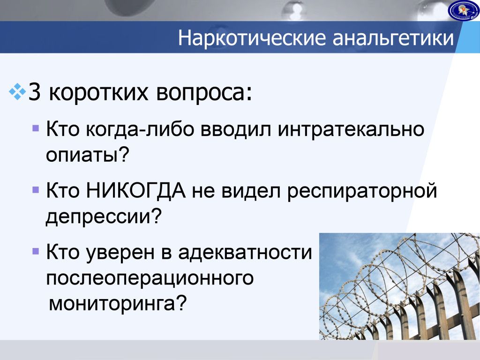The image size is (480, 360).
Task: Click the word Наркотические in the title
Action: click(x=252, y=37)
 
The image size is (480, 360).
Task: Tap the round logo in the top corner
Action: click(x=464, y=10)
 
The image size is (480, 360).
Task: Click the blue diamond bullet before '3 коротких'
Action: click(x=17, y=91)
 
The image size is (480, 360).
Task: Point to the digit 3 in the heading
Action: click(x=34, y=92)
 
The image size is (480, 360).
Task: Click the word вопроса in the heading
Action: click(x=202, y=92)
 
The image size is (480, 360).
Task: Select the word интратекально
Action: click(x=351, y=129)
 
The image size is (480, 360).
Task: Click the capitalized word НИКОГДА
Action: click(x=136, y=190)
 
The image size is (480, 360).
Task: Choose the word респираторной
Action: click(x=362, y=191)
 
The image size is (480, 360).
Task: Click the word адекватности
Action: click(x=245, y=252)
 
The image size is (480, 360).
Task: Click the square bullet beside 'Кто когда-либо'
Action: click(x=36, y=127)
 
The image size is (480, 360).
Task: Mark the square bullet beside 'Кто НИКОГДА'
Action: click(x=36, y=190)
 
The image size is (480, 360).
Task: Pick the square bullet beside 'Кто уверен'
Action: click(x=36, y=252)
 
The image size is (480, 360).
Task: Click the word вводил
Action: click(x=236, y=129)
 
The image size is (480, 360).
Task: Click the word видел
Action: click(x=251, y=191)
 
